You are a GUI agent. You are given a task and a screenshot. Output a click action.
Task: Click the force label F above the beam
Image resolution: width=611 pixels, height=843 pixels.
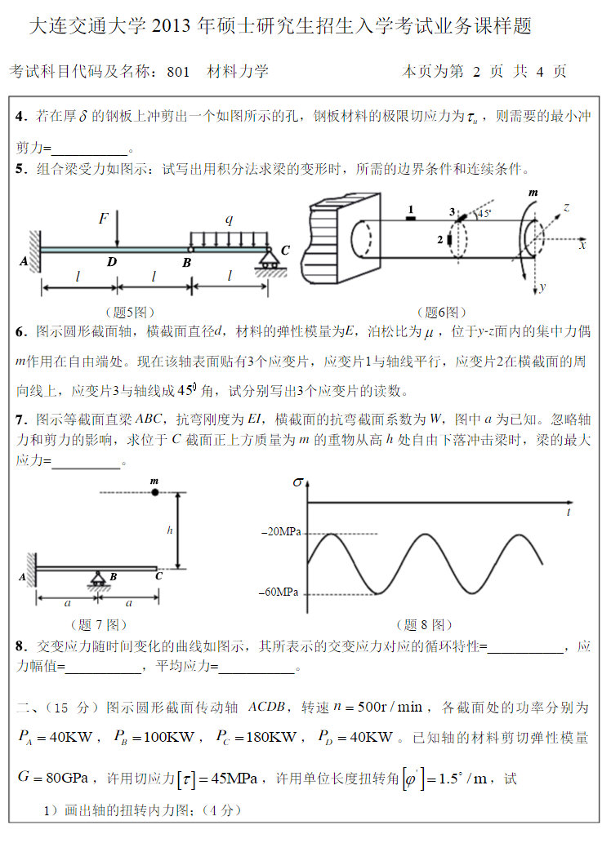104,219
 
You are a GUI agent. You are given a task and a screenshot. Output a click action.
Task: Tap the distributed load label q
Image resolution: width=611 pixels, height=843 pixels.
230,219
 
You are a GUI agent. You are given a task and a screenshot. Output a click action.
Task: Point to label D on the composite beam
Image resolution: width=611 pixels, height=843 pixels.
111,262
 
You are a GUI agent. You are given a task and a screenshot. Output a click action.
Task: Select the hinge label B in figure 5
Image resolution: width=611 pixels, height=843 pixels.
187,262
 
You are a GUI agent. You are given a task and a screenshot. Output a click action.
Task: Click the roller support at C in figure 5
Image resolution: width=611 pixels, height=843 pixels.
267,262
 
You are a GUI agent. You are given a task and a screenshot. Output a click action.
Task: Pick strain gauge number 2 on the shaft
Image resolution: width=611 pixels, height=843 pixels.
445,240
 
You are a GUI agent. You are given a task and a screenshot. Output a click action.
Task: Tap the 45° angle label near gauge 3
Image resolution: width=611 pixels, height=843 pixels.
484,214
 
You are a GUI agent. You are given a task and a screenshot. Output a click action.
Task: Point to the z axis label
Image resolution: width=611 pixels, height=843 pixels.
566,207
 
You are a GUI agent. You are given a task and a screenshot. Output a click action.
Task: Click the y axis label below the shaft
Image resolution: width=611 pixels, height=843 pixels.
542,287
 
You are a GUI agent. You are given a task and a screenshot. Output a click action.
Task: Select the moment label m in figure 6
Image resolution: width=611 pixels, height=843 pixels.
533,193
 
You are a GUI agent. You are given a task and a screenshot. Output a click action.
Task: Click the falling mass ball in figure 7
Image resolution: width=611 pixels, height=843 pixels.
154,492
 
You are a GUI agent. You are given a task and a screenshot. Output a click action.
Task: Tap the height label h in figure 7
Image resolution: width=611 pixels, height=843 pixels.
170,530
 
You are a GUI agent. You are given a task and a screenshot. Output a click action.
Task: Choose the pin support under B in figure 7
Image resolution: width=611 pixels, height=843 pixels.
98,579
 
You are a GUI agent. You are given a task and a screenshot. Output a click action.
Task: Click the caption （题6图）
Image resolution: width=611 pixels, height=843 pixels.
442,312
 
